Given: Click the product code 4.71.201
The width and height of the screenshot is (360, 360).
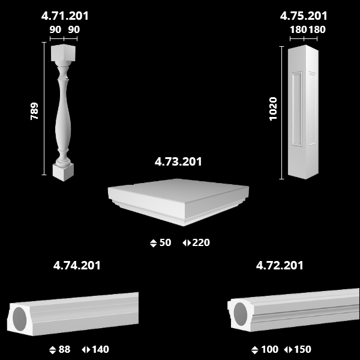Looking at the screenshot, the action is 65,16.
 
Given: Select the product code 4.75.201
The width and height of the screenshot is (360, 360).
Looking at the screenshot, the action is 304,16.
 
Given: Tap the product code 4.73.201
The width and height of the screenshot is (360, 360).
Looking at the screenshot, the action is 178,161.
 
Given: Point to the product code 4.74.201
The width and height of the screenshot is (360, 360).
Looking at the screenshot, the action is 77,265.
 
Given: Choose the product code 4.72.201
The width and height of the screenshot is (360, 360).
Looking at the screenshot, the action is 280,265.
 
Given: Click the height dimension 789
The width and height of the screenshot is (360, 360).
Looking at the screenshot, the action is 34,111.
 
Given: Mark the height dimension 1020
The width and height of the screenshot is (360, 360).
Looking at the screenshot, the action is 273,109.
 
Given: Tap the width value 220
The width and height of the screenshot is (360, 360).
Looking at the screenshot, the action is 201,242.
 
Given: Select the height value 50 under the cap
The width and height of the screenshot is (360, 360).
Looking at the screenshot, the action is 165,242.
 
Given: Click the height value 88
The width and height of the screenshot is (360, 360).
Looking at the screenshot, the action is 65,349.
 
